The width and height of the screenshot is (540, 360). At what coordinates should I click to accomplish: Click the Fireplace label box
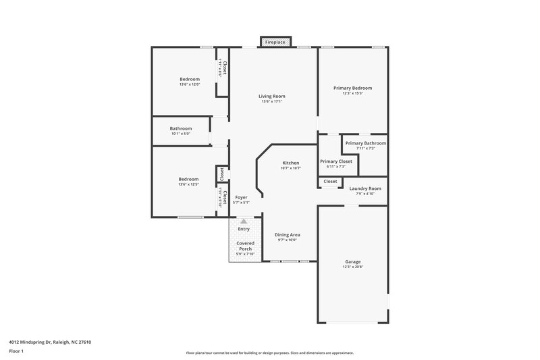(275, 42)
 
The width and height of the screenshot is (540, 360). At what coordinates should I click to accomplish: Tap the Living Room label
(271, 96)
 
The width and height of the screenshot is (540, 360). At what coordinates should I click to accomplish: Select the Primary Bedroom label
(352, 88)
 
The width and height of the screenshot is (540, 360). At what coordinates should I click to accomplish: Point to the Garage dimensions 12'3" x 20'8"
(352, 267)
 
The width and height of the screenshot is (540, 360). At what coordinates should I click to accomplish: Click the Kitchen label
(290, 163)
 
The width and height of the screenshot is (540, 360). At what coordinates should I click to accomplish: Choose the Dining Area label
(287, 234)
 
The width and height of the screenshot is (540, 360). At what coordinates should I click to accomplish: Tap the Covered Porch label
(245, 245)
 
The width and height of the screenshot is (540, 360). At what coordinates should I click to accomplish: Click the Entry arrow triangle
(244, 220)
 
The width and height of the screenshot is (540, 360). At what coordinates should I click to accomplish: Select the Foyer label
(241, 197)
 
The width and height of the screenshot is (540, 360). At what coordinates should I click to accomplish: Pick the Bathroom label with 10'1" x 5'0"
(181, 128)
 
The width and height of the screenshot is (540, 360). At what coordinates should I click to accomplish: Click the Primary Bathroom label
(365, 143)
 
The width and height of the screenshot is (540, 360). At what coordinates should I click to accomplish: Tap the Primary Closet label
(335, 161)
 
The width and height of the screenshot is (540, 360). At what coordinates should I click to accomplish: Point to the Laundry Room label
(365, 188)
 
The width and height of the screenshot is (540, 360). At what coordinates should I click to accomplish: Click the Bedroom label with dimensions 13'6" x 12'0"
(189, 79)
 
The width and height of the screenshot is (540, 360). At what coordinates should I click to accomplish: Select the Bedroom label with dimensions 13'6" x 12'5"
(189, 179)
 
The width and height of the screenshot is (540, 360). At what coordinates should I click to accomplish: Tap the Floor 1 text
(17, 352)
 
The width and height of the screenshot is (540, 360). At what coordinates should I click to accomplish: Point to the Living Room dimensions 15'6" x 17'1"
(271, 102)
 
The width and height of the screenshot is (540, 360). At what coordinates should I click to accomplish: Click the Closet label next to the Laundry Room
(330, 182)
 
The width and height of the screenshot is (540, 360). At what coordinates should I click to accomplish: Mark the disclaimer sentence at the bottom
(269, 353)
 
